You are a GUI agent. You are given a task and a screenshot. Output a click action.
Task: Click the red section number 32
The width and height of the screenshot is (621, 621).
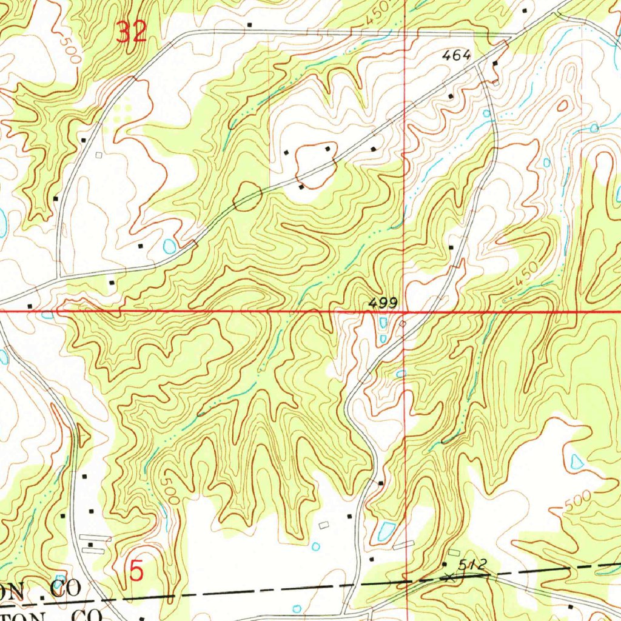point(132,32)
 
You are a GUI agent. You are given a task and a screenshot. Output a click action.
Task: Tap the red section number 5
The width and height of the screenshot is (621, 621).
point(137,571)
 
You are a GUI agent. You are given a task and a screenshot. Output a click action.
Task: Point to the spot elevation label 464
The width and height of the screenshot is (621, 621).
point(457,55)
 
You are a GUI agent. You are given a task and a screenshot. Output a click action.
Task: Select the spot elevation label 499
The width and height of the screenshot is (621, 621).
point(383,302)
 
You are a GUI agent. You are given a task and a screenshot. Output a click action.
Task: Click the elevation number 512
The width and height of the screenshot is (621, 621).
point(472,565)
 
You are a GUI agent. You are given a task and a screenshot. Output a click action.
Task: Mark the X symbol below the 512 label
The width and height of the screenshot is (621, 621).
point(449,577)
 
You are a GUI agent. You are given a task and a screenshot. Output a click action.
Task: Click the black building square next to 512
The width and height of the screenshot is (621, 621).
point(445,565)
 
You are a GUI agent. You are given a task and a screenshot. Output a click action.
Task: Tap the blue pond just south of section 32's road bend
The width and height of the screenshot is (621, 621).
point(169,246)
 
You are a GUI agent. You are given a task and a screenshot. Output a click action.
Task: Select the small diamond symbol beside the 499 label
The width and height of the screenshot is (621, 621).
point(403,324)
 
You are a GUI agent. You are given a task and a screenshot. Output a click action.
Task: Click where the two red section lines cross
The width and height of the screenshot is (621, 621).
point(406,312)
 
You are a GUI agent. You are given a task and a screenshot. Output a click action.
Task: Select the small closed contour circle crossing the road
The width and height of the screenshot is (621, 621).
point(247,196)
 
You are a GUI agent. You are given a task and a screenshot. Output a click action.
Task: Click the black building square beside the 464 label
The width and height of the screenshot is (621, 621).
point(495,63)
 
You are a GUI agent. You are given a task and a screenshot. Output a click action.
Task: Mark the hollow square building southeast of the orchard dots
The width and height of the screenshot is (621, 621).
point(99,155)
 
